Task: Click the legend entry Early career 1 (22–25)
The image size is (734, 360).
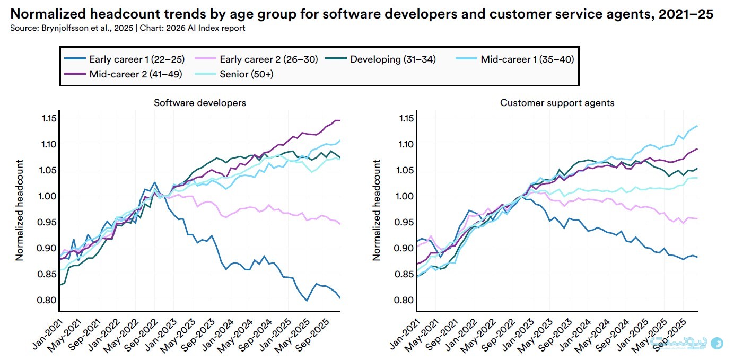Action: click(125, 59)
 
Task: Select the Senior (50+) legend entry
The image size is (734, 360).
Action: click(234, 74)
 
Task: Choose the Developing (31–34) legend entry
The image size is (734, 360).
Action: click(380, 59)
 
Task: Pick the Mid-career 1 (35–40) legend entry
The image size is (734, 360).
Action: click(515, 59)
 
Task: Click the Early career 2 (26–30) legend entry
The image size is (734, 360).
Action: click(256, 59)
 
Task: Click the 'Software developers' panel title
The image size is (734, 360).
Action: click(200, 103)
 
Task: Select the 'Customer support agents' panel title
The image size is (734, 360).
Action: click(557, 103)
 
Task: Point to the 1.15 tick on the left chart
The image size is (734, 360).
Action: click(49, 118)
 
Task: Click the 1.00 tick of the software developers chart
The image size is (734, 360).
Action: click(47, 196)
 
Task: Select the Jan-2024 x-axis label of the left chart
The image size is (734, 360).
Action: click(218, 335)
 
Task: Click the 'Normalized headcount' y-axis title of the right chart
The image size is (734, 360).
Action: click(377, 210)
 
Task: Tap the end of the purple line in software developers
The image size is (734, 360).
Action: click(340, 120)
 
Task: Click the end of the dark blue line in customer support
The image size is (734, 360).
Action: click(697, 257)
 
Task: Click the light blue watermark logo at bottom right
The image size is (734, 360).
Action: click(717, 343)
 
